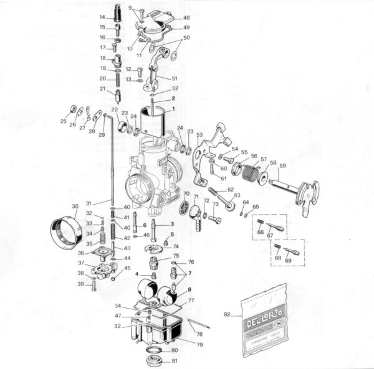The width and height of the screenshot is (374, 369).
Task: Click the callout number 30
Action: coord(75,207)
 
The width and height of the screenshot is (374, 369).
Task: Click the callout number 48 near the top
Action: coord(186,17)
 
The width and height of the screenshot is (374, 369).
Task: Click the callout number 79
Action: coord(199,344)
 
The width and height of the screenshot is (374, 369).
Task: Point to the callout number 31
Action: coord(89,203)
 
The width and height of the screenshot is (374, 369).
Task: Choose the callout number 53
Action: coord(199,134)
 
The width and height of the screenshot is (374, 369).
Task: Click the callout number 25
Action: coord(63,121)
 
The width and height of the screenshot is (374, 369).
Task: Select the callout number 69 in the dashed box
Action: coord(288,259)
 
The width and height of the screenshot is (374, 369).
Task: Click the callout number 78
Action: coord(199,334)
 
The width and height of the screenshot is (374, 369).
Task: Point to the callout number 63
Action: coord(237,195)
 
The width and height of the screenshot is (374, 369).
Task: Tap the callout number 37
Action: coord(81,263)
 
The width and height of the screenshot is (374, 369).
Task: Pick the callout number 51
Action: coord(175,78)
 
